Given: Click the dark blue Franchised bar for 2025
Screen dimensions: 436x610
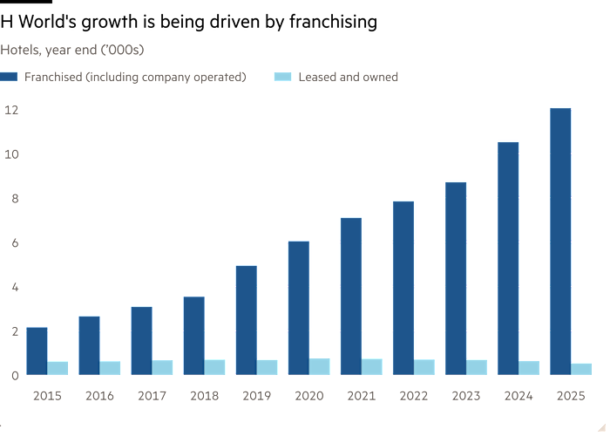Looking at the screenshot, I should pos(559,241).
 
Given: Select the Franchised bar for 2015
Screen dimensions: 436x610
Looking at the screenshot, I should pos(37,351).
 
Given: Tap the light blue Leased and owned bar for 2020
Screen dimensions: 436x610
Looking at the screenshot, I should pos(320,366).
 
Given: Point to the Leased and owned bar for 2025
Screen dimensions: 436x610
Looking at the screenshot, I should pos(581,369).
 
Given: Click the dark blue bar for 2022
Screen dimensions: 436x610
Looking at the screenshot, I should pos(403,288).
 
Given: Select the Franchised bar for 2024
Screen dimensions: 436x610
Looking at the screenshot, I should pos(507,257).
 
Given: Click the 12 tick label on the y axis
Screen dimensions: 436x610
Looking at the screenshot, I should pos(11,110).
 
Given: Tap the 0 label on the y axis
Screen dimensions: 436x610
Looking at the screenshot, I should pos(15,375).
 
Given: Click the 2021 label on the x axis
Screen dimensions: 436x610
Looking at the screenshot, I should pos(361,395).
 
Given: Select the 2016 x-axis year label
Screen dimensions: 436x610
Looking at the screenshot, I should pos(99,395).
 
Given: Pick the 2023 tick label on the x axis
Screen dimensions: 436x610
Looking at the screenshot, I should pos(465,395).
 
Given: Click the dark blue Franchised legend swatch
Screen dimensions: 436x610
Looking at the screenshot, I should pos(10,78).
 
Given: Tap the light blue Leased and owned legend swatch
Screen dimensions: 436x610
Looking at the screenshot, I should pos(282,78).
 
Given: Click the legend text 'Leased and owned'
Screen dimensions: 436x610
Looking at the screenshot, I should pos(348,78).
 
